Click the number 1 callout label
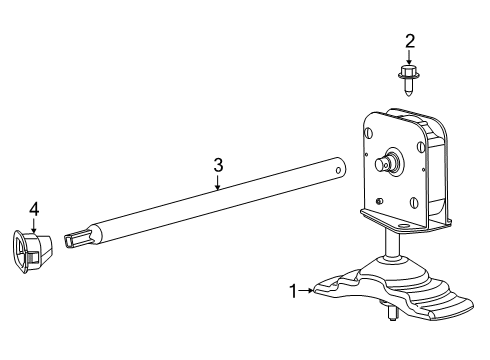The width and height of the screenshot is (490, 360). point(294,291)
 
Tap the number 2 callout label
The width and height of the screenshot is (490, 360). point(409,41)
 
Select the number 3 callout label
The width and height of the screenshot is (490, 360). point(216,164)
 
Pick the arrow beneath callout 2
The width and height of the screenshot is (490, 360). point(409,57)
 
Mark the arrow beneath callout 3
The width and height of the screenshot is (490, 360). point(216,181)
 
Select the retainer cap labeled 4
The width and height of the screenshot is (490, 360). point(33,250)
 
